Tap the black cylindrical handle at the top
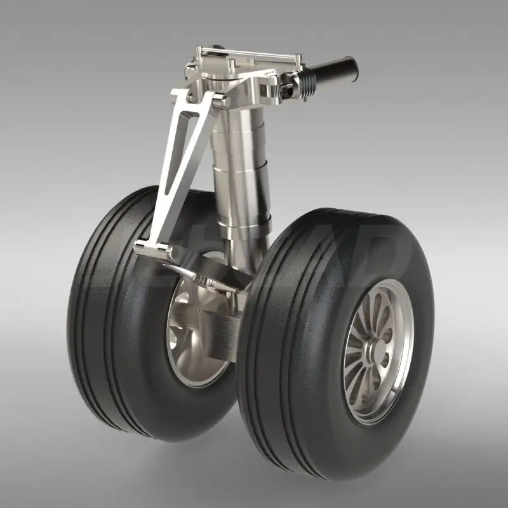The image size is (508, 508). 333,69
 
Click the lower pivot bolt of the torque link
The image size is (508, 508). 170,253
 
